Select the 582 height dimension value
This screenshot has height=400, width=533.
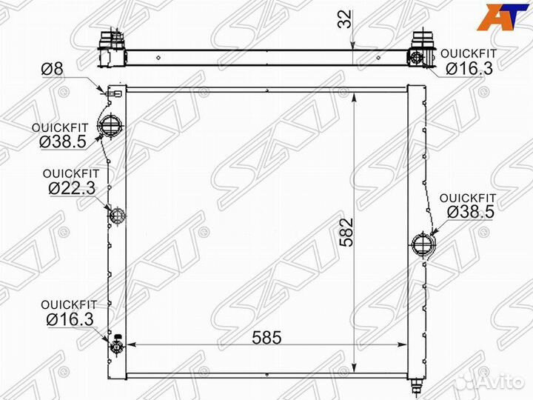(x=347, y=233)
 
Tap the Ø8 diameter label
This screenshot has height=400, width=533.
(x=52, y=69)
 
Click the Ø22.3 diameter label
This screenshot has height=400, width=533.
(x=72, y=187)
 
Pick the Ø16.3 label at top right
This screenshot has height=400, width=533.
(x=469, y=68)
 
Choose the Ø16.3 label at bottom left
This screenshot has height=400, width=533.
(x=70, y=319)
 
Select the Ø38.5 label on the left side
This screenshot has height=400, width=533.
(x=63, y=141)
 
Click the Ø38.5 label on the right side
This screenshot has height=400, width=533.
(x=471, y=212)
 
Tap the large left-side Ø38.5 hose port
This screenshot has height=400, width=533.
(x=111, y=126)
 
